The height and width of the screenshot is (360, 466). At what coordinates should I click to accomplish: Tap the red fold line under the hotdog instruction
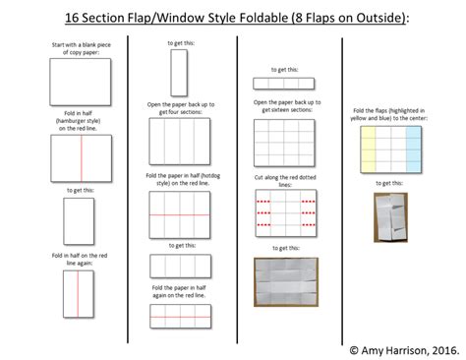(x=179, y=214)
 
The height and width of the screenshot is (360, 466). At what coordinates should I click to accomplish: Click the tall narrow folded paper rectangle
(x=179, y=73)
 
